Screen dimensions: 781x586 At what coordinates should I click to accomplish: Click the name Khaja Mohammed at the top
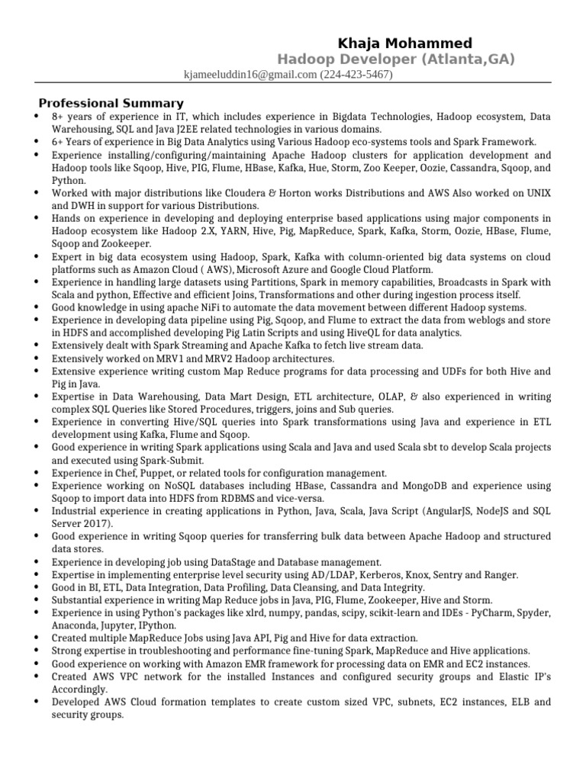[405, 43]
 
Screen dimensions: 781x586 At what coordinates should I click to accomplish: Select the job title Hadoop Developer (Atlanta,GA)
[395, 59]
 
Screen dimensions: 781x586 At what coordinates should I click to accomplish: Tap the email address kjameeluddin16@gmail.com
[250, 75]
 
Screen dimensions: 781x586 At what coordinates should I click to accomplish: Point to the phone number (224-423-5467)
[356, 75]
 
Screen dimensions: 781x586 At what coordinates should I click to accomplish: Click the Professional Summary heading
[111, 103]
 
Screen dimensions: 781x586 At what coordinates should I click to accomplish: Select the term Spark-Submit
[171, 461]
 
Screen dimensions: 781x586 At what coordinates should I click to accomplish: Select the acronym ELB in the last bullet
[521, 702]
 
